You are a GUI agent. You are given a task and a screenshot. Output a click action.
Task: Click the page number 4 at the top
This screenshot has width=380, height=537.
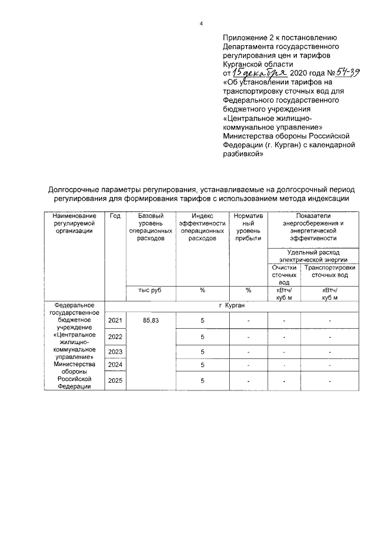click(x=201, y=23)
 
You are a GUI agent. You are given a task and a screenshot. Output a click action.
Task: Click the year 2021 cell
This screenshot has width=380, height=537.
click(x=115, y=320)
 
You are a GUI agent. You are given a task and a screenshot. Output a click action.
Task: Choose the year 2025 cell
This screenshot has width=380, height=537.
click(x=115, y=381)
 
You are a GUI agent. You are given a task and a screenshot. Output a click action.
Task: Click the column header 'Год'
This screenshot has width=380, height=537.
click(x=115, y=215)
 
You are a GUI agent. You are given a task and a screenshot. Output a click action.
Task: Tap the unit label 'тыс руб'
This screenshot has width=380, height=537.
click(x=151, y=290)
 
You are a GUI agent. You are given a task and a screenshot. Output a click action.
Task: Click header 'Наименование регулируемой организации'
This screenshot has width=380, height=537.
click(x=73, y=223)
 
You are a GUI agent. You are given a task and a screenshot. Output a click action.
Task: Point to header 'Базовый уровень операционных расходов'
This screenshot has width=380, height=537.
click(x=151, y=227)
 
